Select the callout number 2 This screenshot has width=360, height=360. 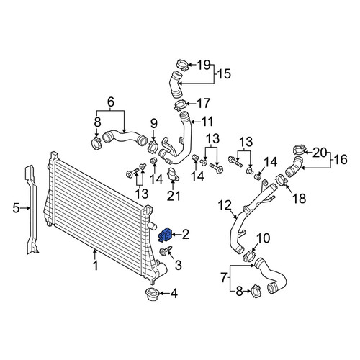186,235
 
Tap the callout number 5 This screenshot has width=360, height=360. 16,208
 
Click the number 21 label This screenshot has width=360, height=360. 174,196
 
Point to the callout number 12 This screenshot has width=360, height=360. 225,205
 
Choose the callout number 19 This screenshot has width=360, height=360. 204,65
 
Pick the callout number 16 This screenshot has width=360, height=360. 340,159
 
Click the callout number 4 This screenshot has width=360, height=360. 174,293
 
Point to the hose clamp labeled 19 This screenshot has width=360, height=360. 182,65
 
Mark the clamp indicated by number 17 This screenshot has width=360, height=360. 179,105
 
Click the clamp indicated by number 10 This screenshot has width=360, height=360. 248,255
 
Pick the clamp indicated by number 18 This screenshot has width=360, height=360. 282,181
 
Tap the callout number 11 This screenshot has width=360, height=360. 207,122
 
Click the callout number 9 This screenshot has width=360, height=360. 154,124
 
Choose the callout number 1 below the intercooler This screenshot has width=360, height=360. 96,266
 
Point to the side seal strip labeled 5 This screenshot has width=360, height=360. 32,210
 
